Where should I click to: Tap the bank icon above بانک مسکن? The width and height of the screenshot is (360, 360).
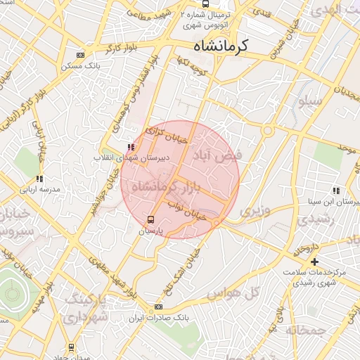click(80, 55)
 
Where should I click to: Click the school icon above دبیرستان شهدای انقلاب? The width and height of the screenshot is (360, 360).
click(131, 148)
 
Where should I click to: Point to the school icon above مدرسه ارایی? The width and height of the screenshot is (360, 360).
click(39, 179)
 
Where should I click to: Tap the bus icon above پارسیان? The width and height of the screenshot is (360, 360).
click(150, 219)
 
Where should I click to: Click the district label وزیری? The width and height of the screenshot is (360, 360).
click(255, 210)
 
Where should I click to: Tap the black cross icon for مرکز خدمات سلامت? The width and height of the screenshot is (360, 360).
click(314, 262)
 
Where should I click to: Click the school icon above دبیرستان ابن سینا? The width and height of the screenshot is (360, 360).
click(336, 190)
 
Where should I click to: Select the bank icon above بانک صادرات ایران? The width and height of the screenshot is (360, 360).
click(158, 307)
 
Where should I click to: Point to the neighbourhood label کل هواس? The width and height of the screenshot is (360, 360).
click(242, 291)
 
